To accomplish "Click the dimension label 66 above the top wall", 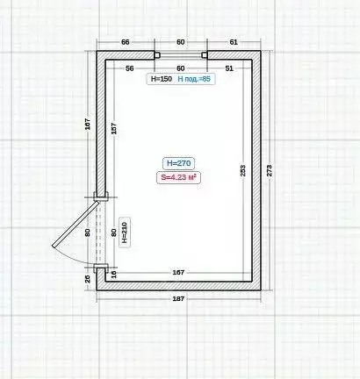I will pos(125,42).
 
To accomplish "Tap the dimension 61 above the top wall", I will pos(234,42).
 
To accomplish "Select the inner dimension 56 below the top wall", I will pos(129,68).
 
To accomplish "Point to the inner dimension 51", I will pos(229,68).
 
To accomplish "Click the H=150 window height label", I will pos(161,79).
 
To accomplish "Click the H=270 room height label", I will pos(178,162).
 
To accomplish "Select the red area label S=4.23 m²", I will pos(178,176).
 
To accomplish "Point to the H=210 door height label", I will pos(124,230).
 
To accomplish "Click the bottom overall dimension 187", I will pos(179,300).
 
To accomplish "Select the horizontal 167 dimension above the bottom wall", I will pos(178,272).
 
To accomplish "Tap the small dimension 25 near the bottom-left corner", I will pos(88,279).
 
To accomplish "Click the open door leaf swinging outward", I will pos(69,230).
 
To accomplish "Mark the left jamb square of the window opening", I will pos(155,55).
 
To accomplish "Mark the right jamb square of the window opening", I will pos(205,55).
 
